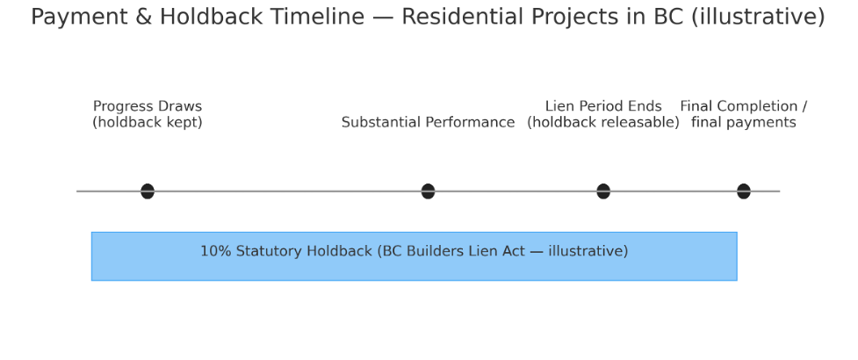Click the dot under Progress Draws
[148, 191]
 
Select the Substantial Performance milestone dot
[428, 191]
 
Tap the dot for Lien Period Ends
[603, 191]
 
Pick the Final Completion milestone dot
[743, 191]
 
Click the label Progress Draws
[148, 106]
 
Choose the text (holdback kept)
[148, 122]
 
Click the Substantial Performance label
[428, 122]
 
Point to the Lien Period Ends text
[603, 106]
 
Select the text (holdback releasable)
[603, 122]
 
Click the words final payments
[743, 122]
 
